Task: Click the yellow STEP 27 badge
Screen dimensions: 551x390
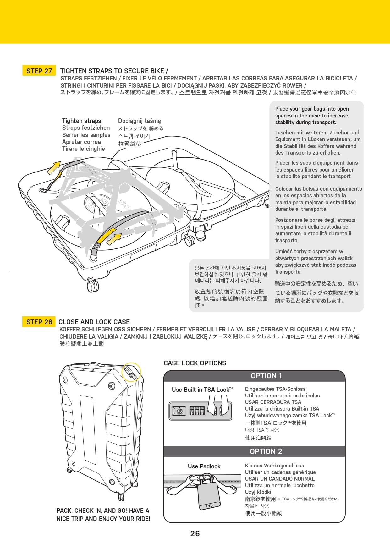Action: pos(39,71)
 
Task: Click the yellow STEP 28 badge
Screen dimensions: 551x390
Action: pos(39,322)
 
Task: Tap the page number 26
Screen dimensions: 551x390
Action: pos(195,533)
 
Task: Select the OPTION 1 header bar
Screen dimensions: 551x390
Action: pos(254,376)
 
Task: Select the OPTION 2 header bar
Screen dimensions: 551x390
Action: pos(254,451)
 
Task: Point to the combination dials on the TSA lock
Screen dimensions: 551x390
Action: pos(197,411)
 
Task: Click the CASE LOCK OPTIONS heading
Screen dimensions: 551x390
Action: pos(195,363)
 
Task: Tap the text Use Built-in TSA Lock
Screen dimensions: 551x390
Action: pos(202,390)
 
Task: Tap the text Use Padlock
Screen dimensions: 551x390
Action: pos(204,466)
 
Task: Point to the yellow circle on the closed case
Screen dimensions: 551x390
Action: pos(131,372)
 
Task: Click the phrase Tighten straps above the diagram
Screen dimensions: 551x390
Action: pos(81,121)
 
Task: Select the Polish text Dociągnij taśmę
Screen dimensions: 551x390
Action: pos(139,121)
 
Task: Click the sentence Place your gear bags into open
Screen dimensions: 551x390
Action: pos(312,109)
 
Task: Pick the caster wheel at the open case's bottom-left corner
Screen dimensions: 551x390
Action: pos(92,285)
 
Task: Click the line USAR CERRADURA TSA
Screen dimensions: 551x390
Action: pos(273,402)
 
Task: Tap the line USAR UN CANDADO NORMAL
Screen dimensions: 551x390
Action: pos(280,479)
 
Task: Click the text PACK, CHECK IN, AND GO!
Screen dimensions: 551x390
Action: pos(103,510)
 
